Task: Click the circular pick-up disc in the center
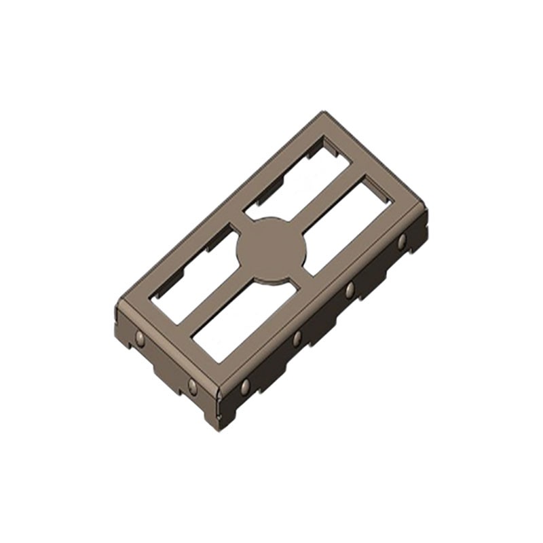[x=271, y=249]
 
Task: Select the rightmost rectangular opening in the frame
[x=346, y=225]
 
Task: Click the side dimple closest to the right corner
[x=402, y=241]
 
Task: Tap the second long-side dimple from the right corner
[x=350, y=290]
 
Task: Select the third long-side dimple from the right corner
[x=297, y=337]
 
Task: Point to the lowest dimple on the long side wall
[x=245, y=387]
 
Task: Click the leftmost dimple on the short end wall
[x=140, y=339]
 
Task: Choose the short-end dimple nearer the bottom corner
[x=192, y=386]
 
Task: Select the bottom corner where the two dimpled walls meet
[x=219, y=395]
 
